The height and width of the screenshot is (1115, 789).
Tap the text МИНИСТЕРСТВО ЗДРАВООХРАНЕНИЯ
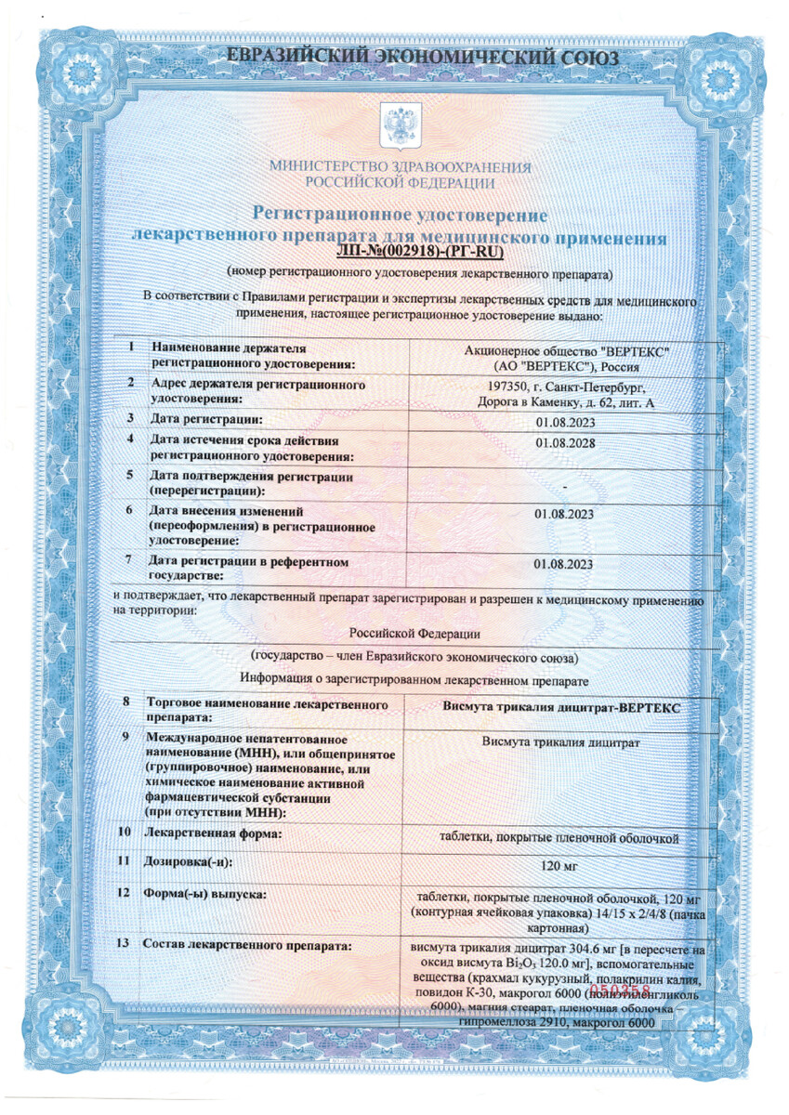(x=401, y=167)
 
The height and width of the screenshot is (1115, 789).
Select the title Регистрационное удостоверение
(x=401, y=216)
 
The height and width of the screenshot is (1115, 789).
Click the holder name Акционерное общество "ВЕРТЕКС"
(x=565, y=351)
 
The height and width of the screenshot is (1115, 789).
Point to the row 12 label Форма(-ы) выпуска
(x=204, y=895)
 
